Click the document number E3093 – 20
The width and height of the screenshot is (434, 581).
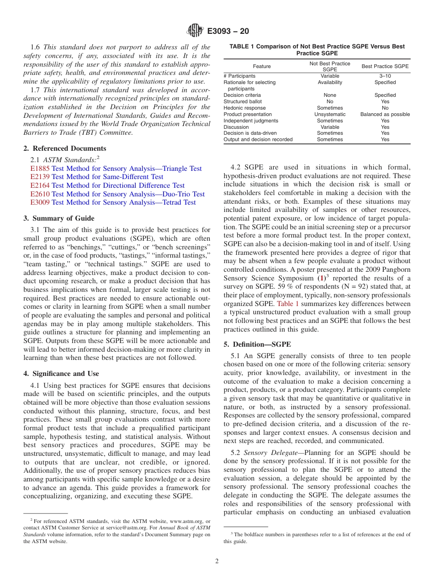point(228,32)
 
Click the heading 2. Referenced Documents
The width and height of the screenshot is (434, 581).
point(65,148)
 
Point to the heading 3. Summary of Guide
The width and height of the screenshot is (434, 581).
point(59,218)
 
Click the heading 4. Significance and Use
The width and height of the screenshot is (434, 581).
point(61,374)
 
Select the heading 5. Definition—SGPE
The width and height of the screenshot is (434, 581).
point(257,344)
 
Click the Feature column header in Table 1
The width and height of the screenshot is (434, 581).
point(262,66)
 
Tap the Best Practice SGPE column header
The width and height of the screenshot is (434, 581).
point(385,66)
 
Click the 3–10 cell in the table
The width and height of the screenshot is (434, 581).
point(385,76)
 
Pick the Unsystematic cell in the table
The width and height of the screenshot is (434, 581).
point(330,114)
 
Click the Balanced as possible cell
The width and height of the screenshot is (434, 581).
point(385,114)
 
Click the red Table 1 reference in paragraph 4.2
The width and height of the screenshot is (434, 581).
point(288,303)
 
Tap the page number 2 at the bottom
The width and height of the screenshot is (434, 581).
point(217,561)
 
